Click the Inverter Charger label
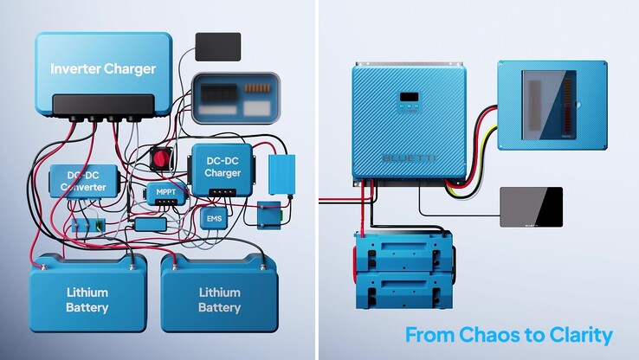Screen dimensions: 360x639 [102, 68]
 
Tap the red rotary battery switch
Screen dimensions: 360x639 [160, 157]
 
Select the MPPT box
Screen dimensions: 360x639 [165, 191]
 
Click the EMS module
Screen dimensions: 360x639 [213, 219]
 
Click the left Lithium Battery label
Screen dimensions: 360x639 [87, 299]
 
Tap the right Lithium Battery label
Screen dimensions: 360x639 [219, 299]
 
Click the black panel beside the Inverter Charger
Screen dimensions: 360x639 [217, 47]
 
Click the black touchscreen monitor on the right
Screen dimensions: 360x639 [531, 208]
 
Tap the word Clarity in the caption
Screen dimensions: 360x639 [579, 335]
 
